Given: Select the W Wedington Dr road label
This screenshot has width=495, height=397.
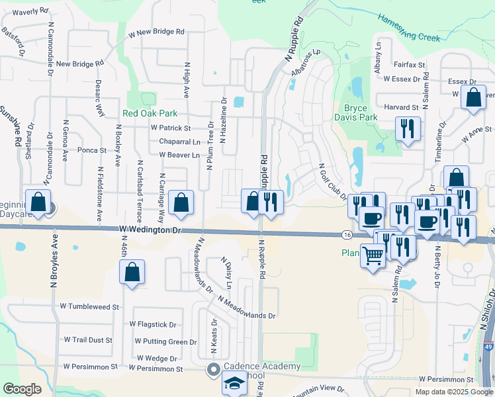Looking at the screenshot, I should pyautogui.click(x=150, y=230).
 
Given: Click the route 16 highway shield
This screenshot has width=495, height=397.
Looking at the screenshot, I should pyautogui.click(x=347, y=235).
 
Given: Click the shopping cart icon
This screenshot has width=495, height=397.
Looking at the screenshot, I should pyautogui.click(x=373, y=255).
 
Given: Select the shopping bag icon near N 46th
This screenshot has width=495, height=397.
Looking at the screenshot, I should pyautogui.click(x=132, y=271).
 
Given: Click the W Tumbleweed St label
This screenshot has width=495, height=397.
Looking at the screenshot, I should pyautogui.click(x=89, y=307).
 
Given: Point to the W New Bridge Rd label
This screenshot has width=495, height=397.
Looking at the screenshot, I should pyautogui.click(x=156, y=32).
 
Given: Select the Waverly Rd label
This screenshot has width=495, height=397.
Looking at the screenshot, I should pyautogui.click(x=30, y=11).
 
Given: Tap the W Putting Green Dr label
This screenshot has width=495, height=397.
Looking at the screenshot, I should pyautogui.click(x=165, y=341).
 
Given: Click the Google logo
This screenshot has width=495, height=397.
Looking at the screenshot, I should pyautogui.click(x=22, y=389).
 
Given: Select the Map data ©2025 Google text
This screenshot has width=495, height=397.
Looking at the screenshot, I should pyautogui.click(x=453, y=392).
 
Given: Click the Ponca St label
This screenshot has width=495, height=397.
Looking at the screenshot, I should pyautogui.click(x=92, y=150).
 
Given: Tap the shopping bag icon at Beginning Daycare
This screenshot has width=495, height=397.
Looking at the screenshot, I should pyautogui.click(x=39, y=202).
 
